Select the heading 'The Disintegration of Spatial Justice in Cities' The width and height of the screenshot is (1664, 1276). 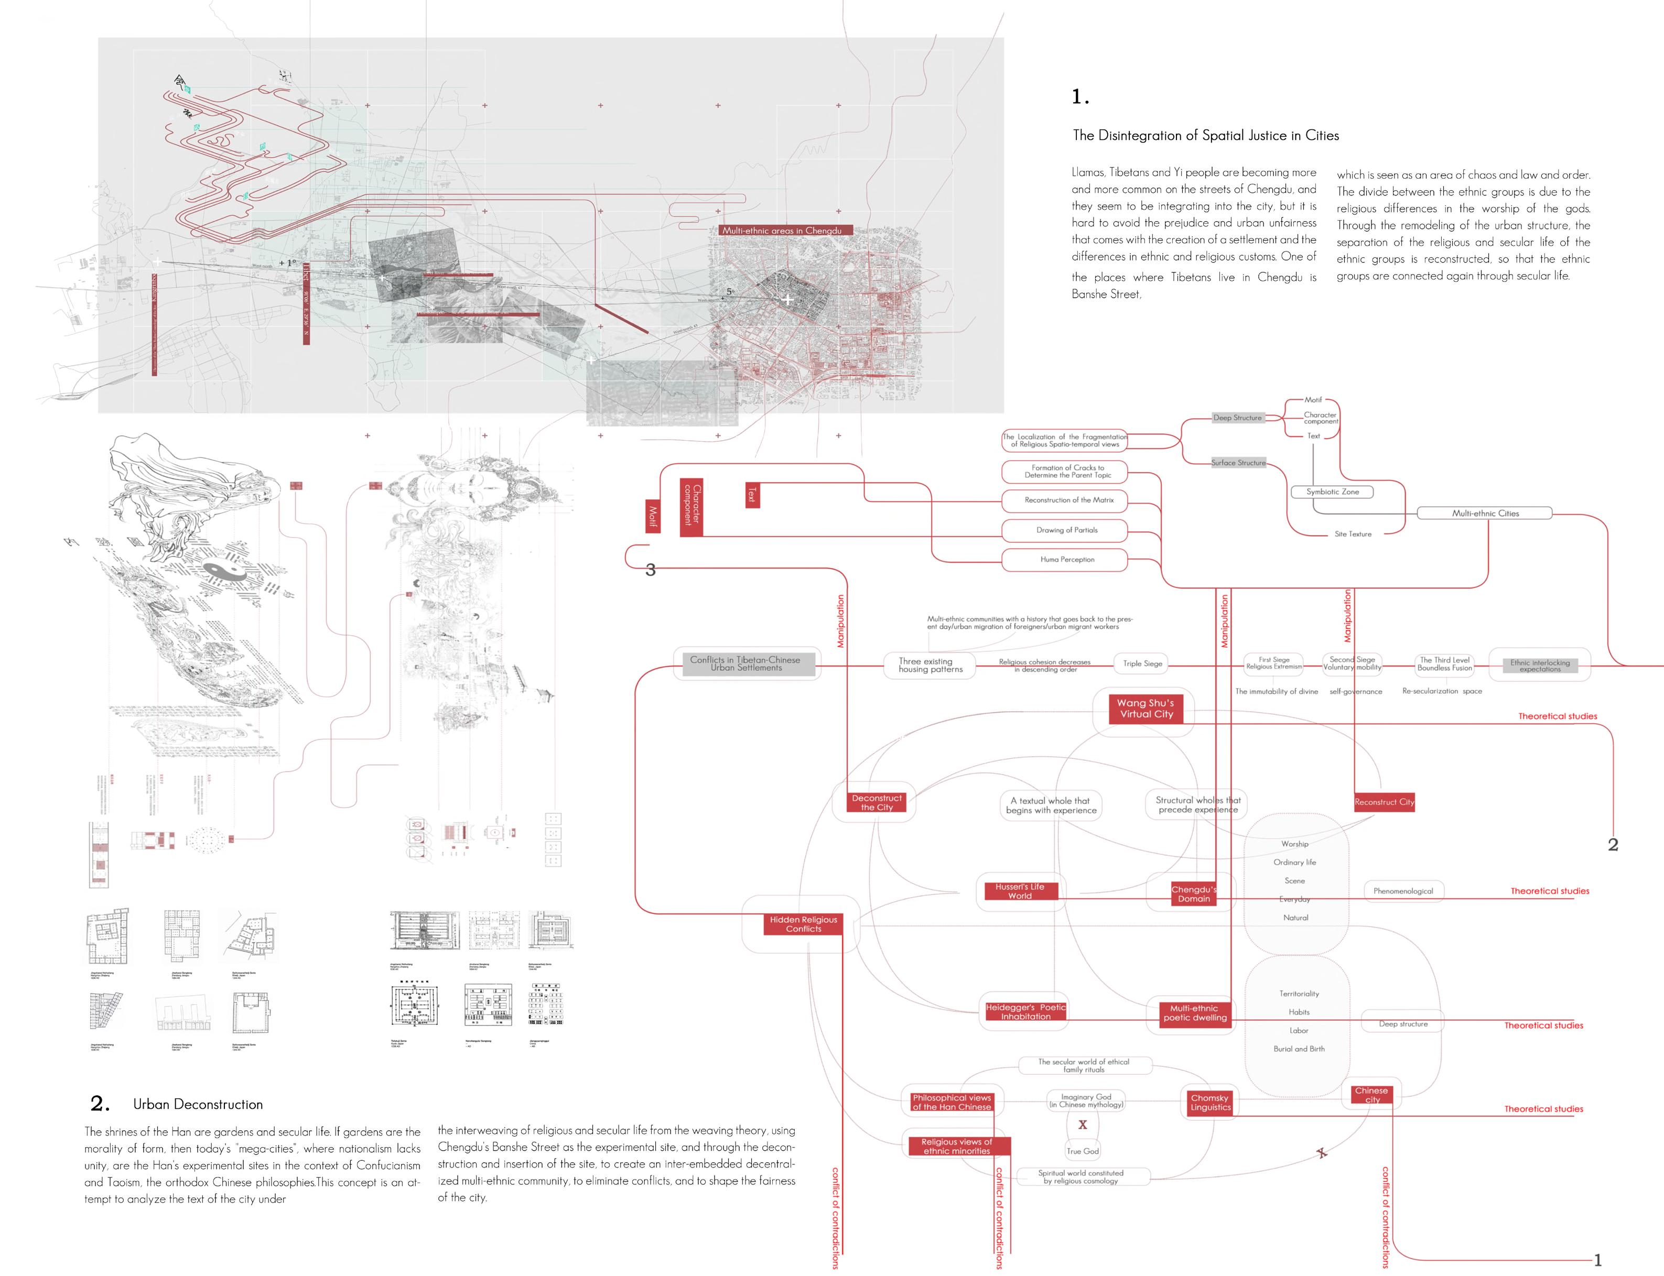click(1205, 135)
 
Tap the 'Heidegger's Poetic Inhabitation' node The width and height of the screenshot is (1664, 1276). click(1026, 1012)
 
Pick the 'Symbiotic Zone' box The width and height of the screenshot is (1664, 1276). click(1332, 492)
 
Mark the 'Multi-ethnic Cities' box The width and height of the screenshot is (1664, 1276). click(1485, 514)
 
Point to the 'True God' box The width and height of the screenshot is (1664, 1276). click(1082, 1151)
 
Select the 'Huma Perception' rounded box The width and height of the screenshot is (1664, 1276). click(1067, 560)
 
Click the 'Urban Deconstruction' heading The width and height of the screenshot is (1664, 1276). click(198, 1104)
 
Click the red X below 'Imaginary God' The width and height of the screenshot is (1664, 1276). click(1083, 1125)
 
